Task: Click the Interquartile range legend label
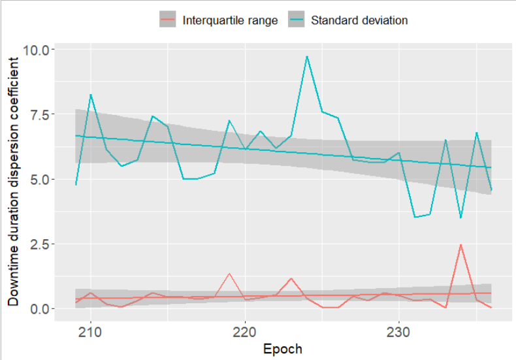click(230, 20)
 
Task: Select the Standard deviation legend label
click(359, 20)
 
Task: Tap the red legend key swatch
click(167, 20)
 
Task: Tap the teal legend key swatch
click(297, 20)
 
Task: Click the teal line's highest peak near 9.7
click(307, 56)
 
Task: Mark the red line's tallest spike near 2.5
click(461, 244)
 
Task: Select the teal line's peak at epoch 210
click(91, 95)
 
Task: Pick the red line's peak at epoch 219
click(229, 274)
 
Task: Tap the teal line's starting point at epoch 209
click(76, 185)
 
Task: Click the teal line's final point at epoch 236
click(491, 190)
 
